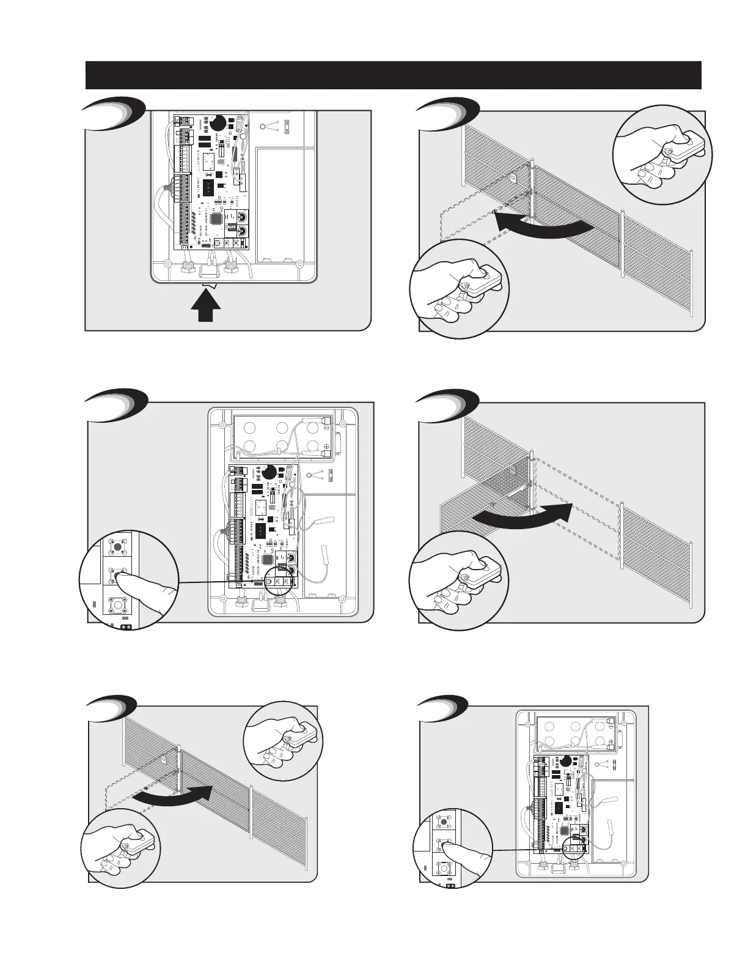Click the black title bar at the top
pos(393,75)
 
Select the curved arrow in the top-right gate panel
pos(543,226)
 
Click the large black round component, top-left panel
pos(218,123)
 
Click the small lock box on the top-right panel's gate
pos(513,179)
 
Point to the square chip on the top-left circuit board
pos(217,218)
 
